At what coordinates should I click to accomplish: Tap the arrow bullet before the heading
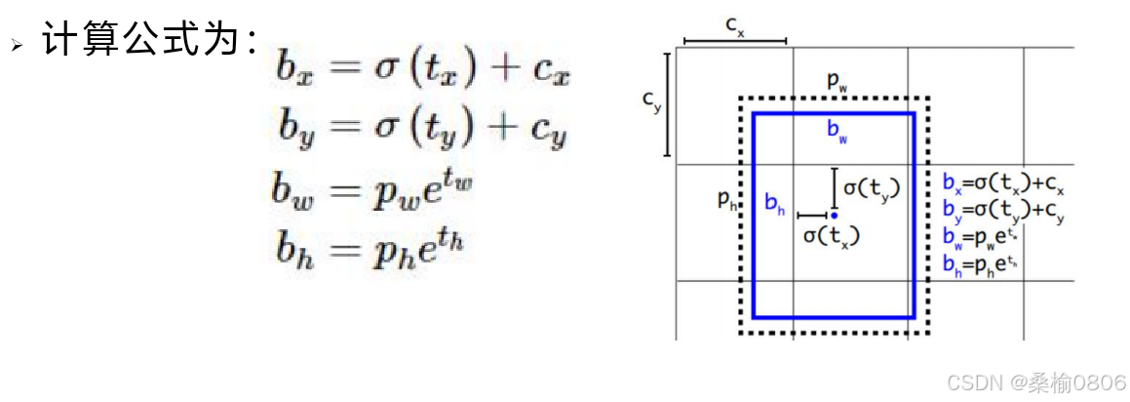17,46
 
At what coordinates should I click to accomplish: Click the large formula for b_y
420,128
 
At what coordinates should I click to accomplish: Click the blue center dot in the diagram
834,215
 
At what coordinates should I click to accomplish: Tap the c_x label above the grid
735,25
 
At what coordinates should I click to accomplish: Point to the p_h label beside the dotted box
726,200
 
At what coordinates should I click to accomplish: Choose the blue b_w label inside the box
837,134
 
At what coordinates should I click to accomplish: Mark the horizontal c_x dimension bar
735,41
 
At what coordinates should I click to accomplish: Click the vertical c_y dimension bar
667,104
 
